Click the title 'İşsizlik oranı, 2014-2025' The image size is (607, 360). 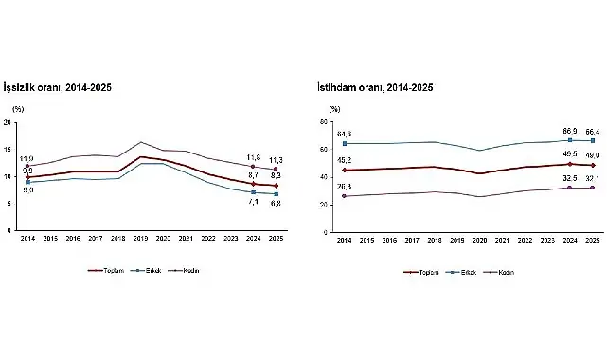click(x=60, y=87)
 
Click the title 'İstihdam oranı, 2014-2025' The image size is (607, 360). click(x=375, y=87)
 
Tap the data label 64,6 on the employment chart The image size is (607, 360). click(x=343, y=135)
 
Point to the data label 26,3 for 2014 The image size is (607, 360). click(x=343, y=187)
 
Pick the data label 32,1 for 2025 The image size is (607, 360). click(x=593, y=178)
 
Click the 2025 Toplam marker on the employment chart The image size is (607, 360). click(x=593, y=165)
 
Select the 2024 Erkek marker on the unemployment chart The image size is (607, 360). click(x=252, y=192)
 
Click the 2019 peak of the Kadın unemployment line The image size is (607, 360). click(x=141, y=142)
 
